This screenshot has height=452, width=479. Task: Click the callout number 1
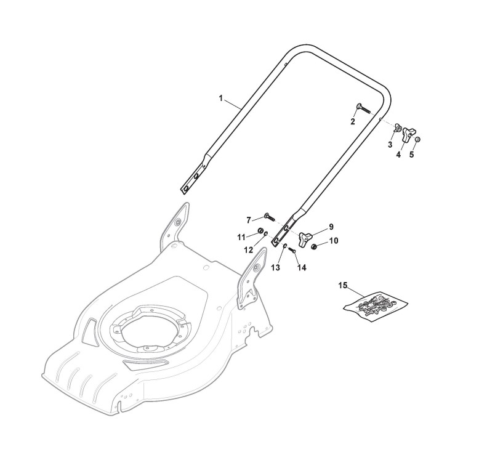[221, 98]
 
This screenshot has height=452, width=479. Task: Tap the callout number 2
[353, 121]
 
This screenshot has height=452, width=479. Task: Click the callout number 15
[343, 285]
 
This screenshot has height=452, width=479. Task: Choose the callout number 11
[242, 236]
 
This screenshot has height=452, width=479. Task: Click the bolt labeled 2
[362, 110]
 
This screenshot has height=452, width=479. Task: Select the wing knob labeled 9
[305, 236]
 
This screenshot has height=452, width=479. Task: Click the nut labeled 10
[315, 247]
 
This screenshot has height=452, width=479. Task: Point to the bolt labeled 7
[270, 216]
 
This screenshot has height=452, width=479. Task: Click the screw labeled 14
[292, 250]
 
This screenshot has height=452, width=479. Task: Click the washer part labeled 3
[398, 128]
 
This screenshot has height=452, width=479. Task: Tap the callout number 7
[249, 220]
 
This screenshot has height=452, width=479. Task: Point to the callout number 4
[398, 155]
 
